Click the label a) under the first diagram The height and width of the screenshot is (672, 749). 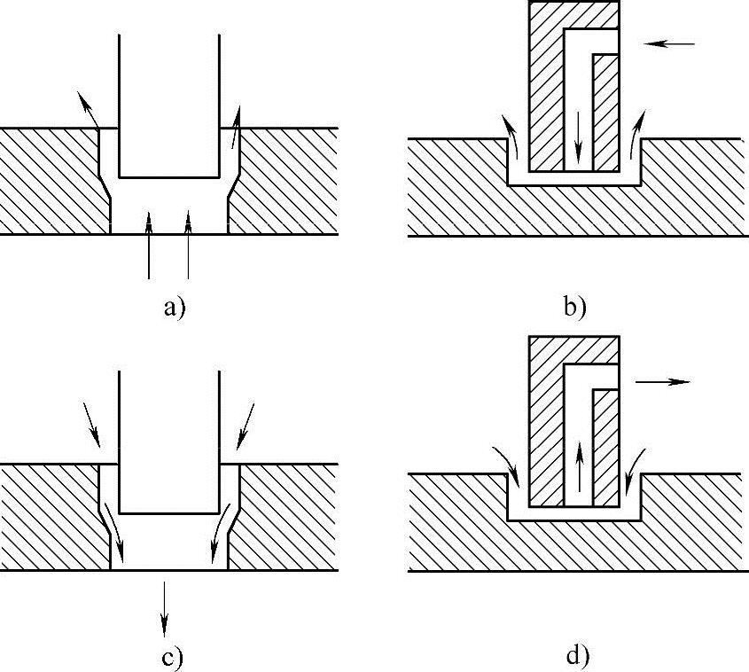(x=173, y=308)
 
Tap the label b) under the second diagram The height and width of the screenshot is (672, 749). (x=574, y=308)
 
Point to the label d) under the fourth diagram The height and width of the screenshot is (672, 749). (x=576, y=657)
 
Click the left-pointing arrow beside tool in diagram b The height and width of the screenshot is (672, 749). (x=672, y=43)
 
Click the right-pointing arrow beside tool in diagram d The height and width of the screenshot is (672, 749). (x=662, y=381)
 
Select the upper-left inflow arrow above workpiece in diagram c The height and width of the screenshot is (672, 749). (x=91, y=425)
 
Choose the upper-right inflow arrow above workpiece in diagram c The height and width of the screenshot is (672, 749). (x=246, y=425)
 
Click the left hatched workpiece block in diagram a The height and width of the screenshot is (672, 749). (x=49, y=181)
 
